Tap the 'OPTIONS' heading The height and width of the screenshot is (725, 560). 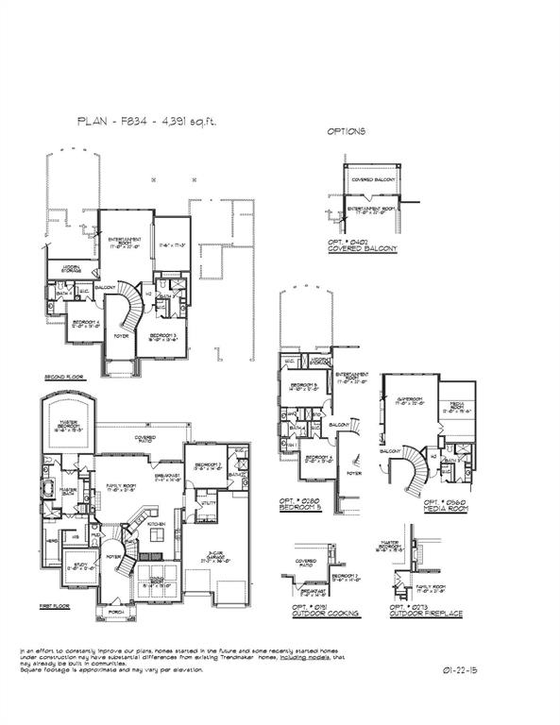click(346, 131)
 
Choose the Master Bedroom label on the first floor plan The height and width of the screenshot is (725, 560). click(67, 425)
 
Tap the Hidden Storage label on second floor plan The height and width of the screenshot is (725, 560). click(71, 267)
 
